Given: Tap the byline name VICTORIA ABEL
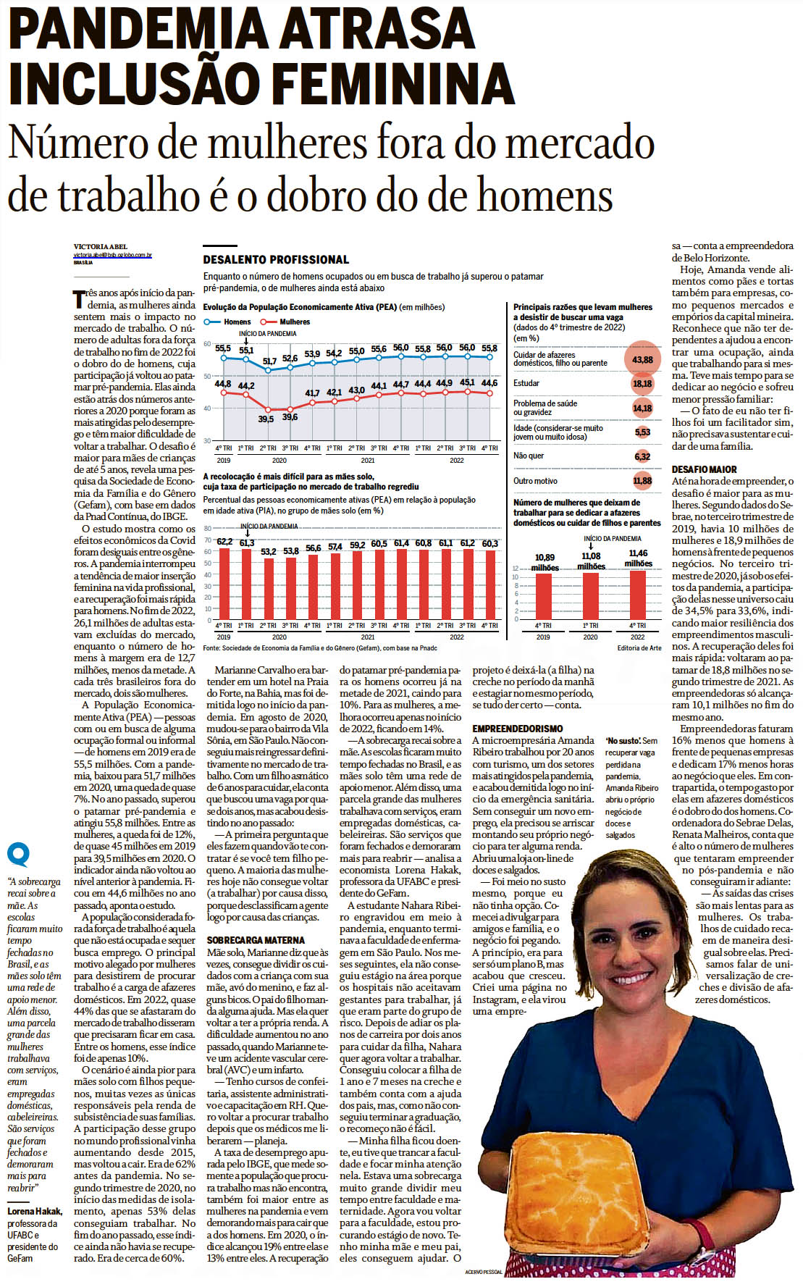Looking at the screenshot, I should (x=100, y=247).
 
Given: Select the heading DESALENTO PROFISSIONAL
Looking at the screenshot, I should (x=276, y=260).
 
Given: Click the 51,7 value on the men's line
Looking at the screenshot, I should (x=269, y=361).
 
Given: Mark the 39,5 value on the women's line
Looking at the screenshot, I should (x=266, y=419).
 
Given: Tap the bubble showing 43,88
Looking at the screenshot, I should (x=642, y=359).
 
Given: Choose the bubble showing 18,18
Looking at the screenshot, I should (x=642, y=384).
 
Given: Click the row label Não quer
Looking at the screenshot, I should (x=529, y=456).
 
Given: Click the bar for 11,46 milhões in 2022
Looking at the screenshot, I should (x=638, y=595).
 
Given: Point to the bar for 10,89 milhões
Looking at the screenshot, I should (x=543, y=596).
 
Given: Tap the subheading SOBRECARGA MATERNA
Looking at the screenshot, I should (x=245, y=940).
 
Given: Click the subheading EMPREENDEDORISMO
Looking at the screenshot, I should (x=518, y=728).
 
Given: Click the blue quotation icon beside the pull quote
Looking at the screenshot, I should (x=18, y=855).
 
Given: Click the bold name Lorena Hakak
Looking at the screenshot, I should (x=35, y=1211).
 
